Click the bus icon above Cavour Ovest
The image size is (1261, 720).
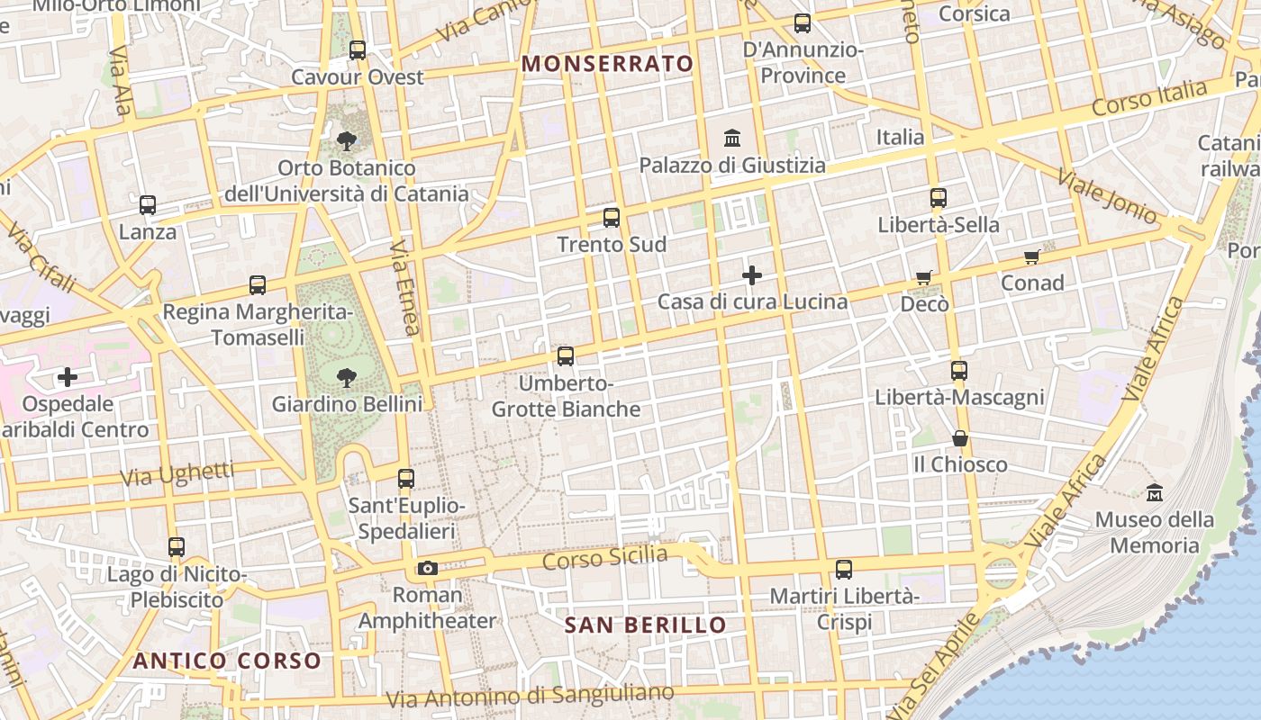[x=358, y=50]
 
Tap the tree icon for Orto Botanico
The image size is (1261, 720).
[x=347, y=141]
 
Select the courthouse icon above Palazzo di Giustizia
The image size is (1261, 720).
[x=732, y=139]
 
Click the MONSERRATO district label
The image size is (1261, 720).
[x=608, y=64]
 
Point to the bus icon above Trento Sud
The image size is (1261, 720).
[x=612, y=218]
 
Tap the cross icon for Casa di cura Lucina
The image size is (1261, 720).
[x=752, y=275]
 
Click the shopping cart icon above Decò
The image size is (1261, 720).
[x=923, y=277]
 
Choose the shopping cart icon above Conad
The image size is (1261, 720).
[x=1032, y=256]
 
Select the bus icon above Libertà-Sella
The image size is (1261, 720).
[x=939, y=198]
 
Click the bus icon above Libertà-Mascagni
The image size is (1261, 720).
[x=959, y=371]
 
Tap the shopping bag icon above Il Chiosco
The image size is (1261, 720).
[x=960, y=438]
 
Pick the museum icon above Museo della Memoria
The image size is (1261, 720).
[x=1155, y=493]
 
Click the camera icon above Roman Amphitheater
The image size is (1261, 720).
[x=428, y=568]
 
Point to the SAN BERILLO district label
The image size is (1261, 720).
[x=645, y=625]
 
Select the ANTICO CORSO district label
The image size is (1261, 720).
[x=227, y=661]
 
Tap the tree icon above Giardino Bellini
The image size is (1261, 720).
[x=347, y=378]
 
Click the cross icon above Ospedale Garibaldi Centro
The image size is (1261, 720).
[x=68, y=377]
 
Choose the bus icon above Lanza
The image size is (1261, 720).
[x=148, y=205]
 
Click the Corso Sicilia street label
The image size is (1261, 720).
[x=604, y=559]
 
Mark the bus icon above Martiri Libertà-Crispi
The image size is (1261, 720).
[x=844, y=570]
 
